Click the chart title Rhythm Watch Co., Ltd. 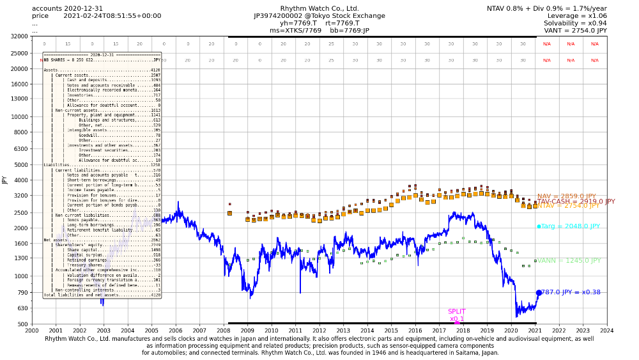[x=319, y=8]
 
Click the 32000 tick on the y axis [x=19, y=36]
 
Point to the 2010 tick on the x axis [x=271, y=331]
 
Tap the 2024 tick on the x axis [x=606, y=331]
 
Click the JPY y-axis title [x=6, y=180]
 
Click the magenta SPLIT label [x=456, y=311]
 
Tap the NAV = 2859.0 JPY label [x=566, y=196]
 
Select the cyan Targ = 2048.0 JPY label [x=571, y=226]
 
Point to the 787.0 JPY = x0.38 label [x=571, y=292]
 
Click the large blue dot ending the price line [x=539, y=292]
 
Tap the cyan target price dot [x=539, y=226]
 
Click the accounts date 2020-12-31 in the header [x=83, y=8]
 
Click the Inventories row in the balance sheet [x=81, y=95]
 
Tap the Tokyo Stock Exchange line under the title [x=319, y=15]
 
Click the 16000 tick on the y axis [x=19, y=84]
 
